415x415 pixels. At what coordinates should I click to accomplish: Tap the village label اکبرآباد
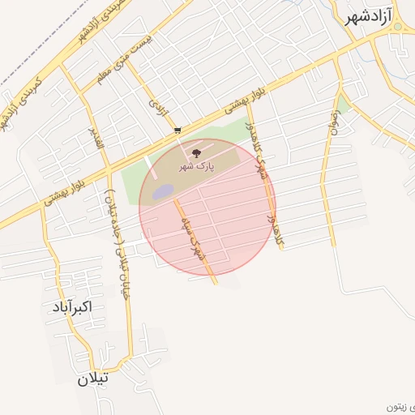(72, 307)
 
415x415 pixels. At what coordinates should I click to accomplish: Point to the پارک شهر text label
(195, 167)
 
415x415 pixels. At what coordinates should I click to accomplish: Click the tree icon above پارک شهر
(195, 152)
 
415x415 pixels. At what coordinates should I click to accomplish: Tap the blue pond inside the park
(163, 191)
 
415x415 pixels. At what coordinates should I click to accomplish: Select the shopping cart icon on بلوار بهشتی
(178, 130)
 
